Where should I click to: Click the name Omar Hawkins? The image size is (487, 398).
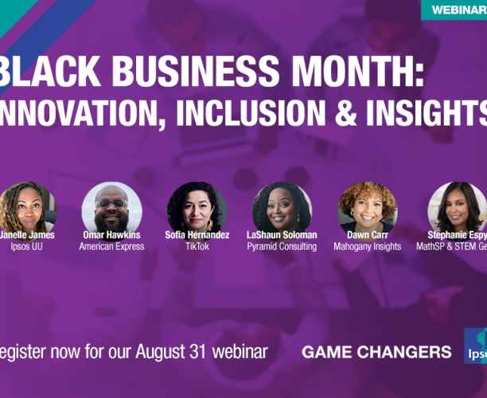[111, 235]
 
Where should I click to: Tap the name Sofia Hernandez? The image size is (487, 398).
[197, 235]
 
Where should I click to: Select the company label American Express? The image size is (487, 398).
[111, 247]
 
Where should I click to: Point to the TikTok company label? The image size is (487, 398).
[197, 247]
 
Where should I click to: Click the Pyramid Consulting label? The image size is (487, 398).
[282, 247]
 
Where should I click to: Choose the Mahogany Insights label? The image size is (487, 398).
[367, 247]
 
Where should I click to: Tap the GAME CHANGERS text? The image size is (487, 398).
[376, 352]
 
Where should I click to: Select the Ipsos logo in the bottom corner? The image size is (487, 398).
[476, 345]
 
